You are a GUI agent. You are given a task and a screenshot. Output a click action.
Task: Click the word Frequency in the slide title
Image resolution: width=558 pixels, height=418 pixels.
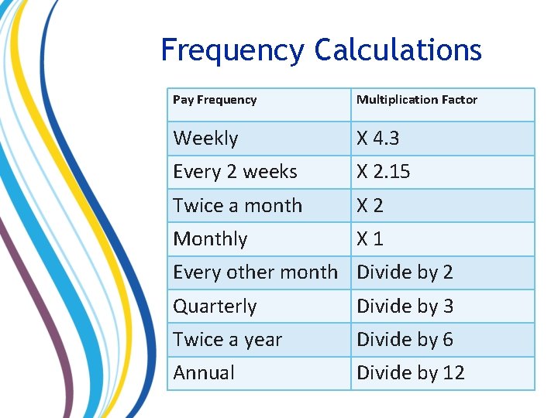232,51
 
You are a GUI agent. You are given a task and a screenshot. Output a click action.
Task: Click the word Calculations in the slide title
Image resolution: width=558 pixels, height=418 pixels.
398,51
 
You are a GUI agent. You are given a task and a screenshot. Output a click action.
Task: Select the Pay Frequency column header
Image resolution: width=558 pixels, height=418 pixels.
215,100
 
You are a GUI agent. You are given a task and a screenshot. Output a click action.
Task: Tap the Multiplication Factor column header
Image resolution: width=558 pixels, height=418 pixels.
417,100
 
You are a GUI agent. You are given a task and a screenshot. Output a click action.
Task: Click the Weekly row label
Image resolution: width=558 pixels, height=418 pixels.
205,139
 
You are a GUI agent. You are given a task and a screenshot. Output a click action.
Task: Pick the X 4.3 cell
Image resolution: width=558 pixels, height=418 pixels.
378,139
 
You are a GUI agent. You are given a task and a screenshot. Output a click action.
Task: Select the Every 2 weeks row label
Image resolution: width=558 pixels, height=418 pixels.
235,172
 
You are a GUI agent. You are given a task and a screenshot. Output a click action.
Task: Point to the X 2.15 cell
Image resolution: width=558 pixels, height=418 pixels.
383,172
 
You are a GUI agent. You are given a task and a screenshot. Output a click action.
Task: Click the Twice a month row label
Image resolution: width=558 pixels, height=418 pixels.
237,206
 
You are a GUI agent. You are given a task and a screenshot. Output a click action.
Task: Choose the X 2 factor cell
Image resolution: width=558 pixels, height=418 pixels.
370,206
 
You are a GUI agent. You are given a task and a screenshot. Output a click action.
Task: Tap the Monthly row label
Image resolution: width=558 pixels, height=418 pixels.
210,239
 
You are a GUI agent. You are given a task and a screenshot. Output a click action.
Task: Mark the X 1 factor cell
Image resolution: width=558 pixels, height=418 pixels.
370,239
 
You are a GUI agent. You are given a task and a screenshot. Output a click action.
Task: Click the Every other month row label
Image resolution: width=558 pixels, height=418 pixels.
255,272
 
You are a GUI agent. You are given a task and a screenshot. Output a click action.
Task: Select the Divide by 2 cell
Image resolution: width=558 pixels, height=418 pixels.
405,272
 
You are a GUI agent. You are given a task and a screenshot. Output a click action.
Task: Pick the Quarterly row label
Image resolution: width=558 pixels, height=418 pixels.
215,307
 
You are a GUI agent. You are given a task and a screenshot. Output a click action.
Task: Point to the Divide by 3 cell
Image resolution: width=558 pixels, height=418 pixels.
405,307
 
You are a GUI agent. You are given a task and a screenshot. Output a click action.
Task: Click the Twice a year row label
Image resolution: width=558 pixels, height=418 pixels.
227,340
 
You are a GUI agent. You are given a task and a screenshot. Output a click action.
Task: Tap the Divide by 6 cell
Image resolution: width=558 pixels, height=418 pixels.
405,340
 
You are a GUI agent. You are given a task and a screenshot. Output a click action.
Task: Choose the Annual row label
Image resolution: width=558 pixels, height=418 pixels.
204,373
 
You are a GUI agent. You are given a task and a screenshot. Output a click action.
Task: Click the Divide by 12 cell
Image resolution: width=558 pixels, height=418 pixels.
410,373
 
